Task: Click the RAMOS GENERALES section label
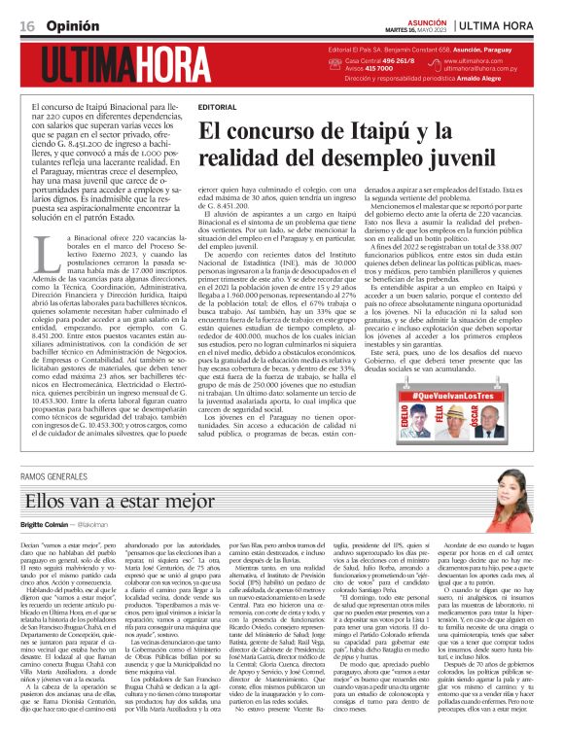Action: click(60, 477)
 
